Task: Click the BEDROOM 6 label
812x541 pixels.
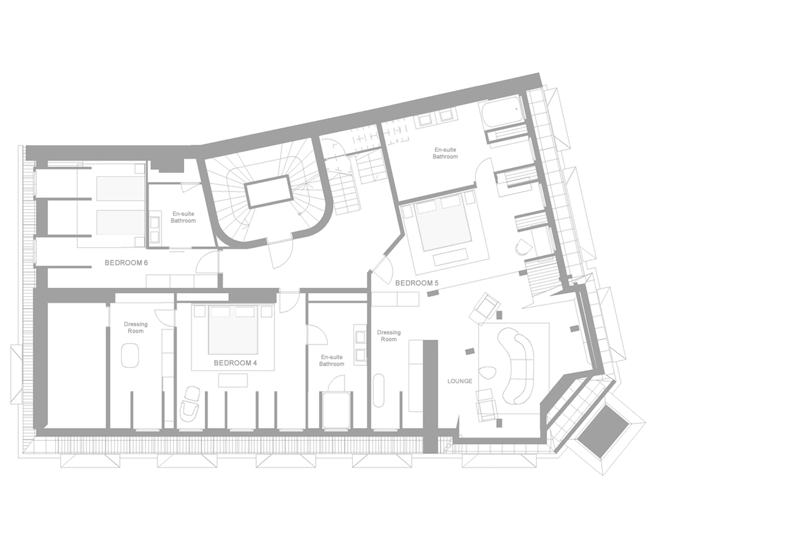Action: click(126, 263)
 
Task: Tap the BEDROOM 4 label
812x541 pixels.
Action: click(235, 363)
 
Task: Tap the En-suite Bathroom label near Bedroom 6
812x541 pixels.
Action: click(183, 217)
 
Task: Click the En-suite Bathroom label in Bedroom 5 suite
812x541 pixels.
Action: click(445, 153)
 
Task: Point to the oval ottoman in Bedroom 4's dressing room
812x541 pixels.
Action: click(130, 355)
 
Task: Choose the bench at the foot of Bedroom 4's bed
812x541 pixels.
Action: click(233, 381)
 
